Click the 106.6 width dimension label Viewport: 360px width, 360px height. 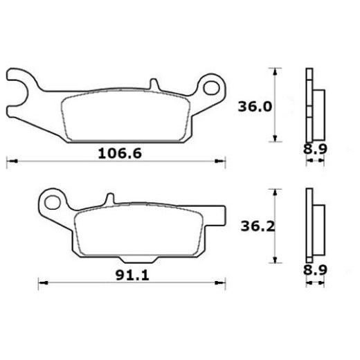coord(120,154)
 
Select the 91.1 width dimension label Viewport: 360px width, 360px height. coord(132,275)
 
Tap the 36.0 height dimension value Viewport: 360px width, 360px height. coord(255,107)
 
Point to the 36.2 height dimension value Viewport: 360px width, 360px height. coord(258,226)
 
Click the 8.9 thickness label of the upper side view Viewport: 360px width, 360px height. coord(315,149)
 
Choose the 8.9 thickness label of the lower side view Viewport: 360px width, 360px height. coord(315,270)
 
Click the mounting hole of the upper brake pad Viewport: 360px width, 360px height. coord(211,87)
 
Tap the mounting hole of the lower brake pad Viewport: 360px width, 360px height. coord(53,202)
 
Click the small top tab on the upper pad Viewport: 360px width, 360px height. coord(154,84)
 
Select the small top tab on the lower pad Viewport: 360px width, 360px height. coord(110,199)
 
